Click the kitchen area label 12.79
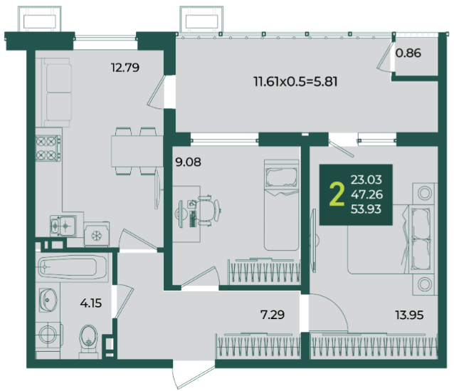[x=125, y=68]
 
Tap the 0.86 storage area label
[x=408, y=53]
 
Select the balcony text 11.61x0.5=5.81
[x=295, y=81]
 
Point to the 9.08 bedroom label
[x=188, y=162]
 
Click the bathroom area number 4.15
[x=91, y=303]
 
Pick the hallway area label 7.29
[x=273, y=315]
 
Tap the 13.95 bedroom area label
[x=409, y=315]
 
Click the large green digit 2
[x=337, y=194]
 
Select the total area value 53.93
[x=366, y=209]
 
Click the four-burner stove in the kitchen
[x=48, y=148]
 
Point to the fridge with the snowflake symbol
[x=97, y=234]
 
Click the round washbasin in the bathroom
[x=48, y=300]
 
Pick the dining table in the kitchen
[x=137, y=151]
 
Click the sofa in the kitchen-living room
[x=57, y=93]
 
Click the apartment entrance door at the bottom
[x=194, y=375]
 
